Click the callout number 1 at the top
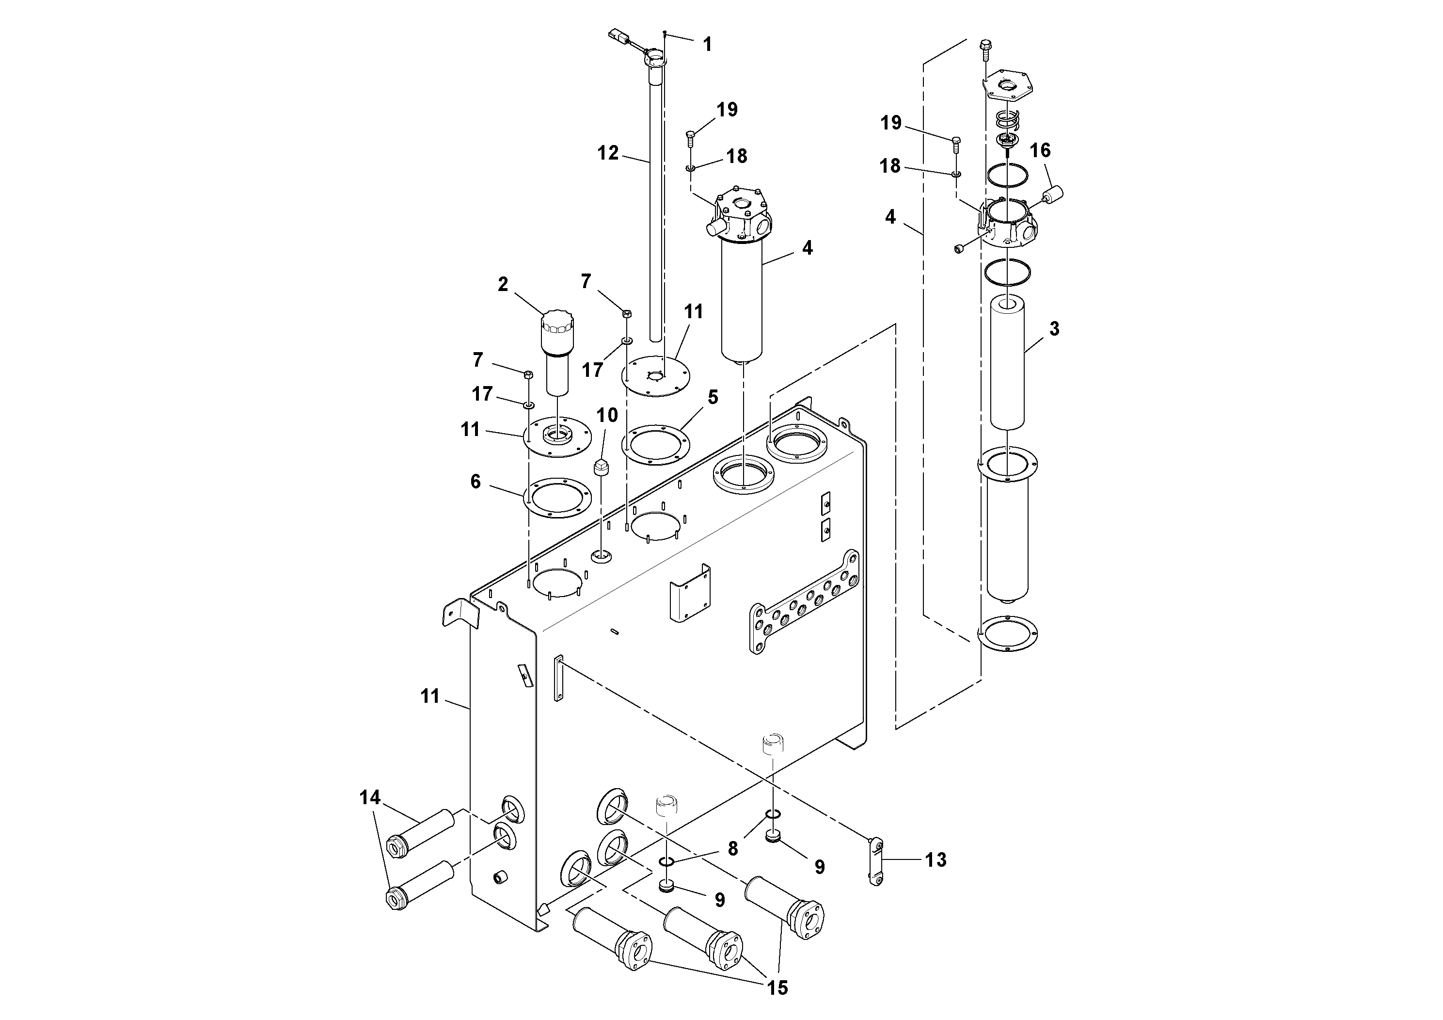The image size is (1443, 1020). coord(707,45)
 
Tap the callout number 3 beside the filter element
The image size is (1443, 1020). coord(1054,328)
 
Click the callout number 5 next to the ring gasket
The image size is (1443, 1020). coord(712,397)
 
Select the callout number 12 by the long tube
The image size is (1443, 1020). coord(608,153)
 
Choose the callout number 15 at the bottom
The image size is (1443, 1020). coord(777,988)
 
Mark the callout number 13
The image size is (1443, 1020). coord(935,859)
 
